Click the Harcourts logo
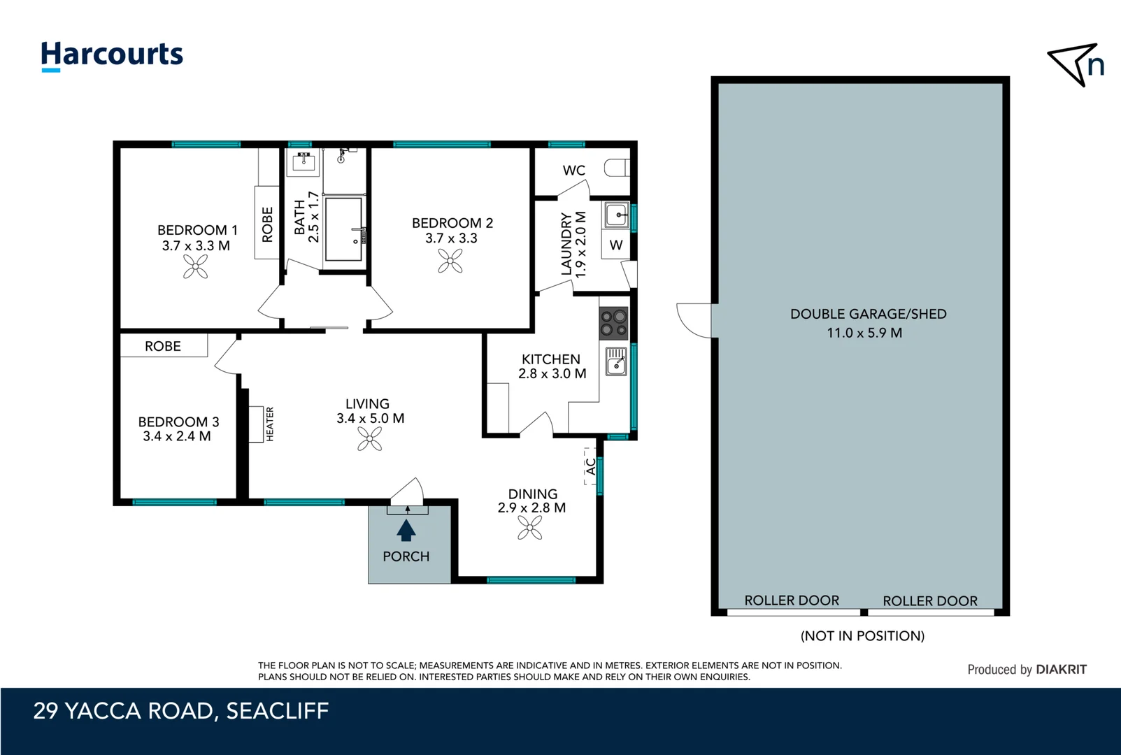(x=112, y=55)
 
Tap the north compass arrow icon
(x=1076, y=64)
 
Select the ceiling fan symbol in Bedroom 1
(x=196, y=266)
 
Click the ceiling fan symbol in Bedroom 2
(x=450, y=261)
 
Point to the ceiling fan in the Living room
(x=369, y=439)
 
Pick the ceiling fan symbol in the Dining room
(x=530, y=528)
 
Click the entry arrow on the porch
(x=406, y=531)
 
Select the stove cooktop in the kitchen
(x=614, y=323)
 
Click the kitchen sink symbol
(x=616, y=361)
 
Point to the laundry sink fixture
(x=617, y=215)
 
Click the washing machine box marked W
(x=616, y=245)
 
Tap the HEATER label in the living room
(x=270, y=424)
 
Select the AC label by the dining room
(x=591, y=466)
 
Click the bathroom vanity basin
(x=304, y=161)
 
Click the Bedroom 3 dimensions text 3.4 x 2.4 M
(x=177, y=436)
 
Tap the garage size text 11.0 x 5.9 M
(x=864, y=333)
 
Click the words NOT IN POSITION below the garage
(x=862, y=635)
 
